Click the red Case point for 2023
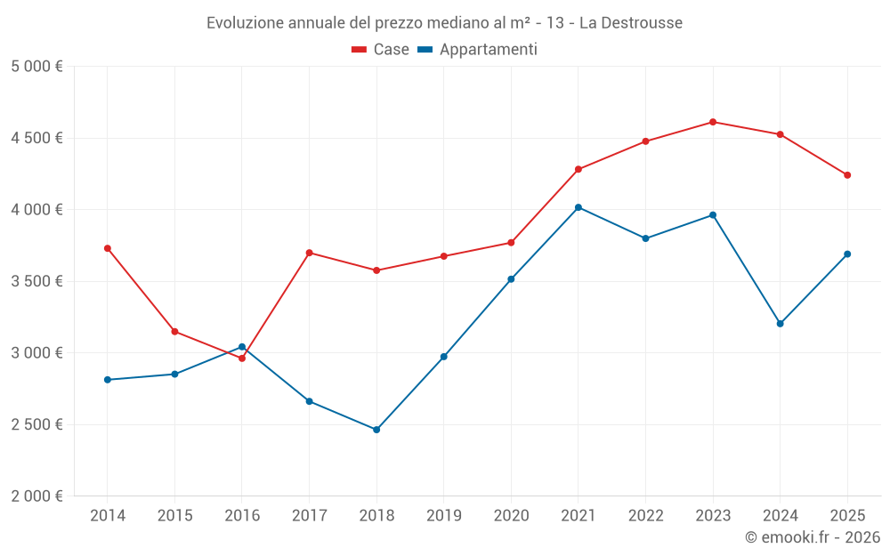(x=713, y=122)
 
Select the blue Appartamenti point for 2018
(x=376, y=430)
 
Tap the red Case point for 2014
(x=108, y=248)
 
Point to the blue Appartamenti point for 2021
(x=578, y=207)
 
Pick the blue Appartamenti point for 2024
(x=780, y=324)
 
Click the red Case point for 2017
(x=309, y=253)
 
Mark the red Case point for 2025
(x=847, y=175)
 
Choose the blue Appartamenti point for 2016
(x=242, y=347)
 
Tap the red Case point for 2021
(x=578, y=169)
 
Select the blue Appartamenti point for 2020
(x=511, y=279)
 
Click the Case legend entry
(x=381, y=50)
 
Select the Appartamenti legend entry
(x=478, y=50)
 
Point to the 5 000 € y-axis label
(x=36, y=67)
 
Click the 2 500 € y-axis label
(x=36, y=424)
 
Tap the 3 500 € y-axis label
(x=36, y=281)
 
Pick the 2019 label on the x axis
(x=443, y=515)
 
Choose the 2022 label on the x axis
(x=645, y=515)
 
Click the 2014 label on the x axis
(x=108, y=515)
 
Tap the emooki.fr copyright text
(x=812, y=537)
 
